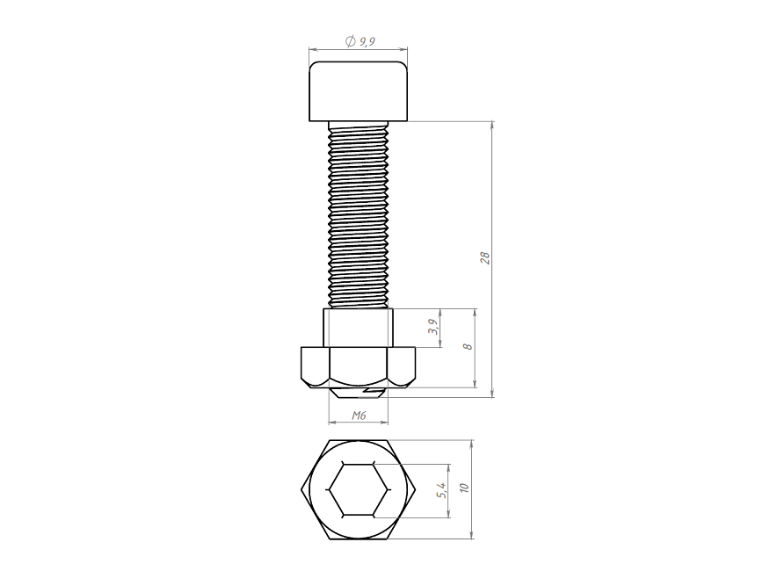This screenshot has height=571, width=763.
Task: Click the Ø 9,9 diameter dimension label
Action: pos(360,41)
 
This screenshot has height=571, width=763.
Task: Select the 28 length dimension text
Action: pos(485,257)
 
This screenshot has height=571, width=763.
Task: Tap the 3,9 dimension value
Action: pos(433,327)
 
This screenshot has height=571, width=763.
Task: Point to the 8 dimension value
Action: pos(469,347)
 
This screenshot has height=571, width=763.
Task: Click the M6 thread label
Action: pos(359,416)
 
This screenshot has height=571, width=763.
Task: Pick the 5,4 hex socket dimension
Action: pos(442,490)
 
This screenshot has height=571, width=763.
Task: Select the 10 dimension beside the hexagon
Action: pos(464,488)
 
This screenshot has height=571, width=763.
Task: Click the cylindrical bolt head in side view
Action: pos(359,91)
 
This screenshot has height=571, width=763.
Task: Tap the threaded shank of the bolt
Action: pos(359,215)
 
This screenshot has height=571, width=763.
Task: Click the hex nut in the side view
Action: pos(359,367)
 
